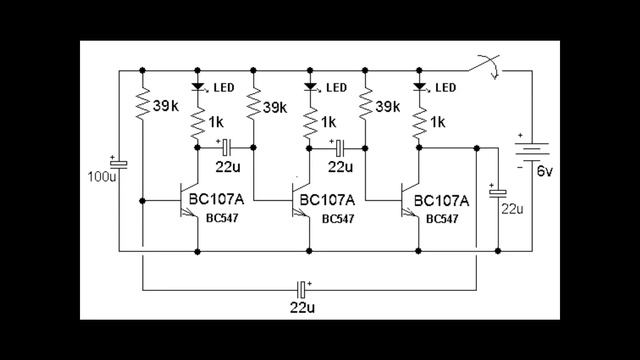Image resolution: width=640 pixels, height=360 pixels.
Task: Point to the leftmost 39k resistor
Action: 143,103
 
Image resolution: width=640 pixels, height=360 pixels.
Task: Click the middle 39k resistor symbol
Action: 254,103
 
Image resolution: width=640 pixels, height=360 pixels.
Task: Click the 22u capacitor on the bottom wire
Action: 301,288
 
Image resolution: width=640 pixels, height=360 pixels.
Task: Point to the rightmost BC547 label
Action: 443,219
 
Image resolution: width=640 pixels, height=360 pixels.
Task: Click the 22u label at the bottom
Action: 304,307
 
